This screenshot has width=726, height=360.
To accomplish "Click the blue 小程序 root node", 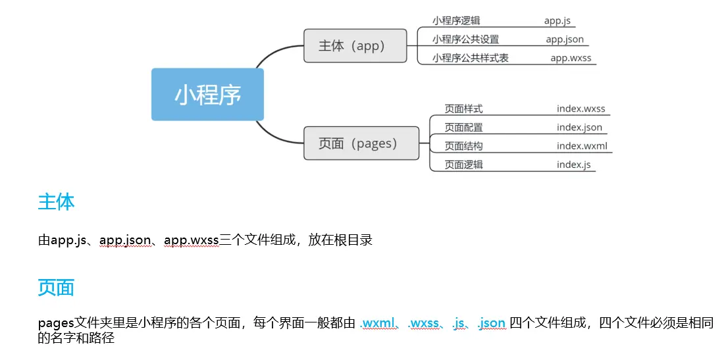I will [x=207, y=95].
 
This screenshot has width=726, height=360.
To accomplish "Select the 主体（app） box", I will [x=355, y=46].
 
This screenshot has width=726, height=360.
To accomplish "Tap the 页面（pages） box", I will [x=361, y=143].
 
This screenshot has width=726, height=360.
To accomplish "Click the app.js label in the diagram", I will [x=557, y=21].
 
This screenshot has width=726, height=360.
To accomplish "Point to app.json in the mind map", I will [x=565, y=39].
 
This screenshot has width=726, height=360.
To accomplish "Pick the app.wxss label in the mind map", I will [x=571, y=58].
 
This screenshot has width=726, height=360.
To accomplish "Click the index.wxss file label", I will [x=581, y=109].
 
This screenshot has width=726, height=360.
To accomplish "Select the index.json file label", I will [x=579, y=128].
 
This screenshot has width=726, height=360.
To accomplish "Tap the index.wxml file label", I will [x=582, y=146].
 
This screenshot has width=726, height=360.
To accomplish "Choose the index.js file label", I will [x=573, y=165].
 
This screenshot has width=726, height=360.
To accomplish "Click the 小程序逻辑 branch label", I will [x=456, y=21].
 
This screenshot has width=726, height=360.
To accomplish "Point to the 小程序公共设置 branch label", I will [x=465, y=39].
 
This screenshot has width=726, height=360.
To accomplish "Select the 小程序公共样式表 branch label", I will [x=470, y=58].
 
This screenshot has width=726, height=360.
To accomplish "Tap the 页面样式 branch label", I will [x=463, y=109].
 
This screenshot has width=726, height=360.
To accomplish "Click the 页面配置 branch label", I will [x=463, y=128].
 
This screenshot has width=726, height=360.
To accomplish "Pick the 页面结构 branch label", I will [x=463, y=146].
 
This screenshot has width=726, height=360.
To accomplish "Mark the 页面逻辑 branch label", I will [x=463, y=165].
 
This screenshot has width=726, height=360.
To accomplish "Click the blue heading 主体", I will [x=56, y=202].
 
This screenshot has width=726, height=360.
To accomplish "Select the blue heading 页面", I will [x=56, y=288].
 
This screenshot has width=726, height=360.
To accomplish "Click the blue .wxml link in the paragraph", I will [x=378, y=323].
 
